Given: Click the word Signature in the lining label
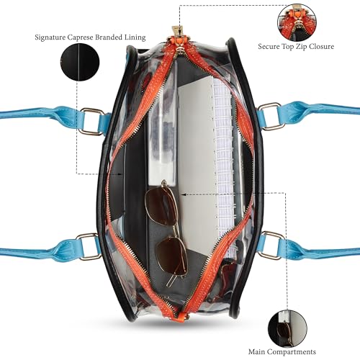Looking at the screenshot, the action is pyautogui.click(x=50, y=37).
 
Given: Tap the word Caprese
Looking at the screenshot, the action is pyautogui.click(x=80, y=37).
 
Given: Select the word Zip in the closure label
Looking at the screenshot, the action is pyautogui.click(x=302, y=47).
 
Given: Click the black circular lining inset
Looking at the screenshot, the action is pyautogui.click(x=80, y=62).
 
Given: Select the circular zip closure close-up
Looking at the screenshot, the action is pyautogui.click(x=297, y=22).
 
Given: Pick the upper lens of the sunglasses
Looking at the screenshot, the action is pyautogui.click(x=161, y=205).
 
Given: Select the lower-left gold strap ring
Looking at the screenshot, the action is pyautogui.click(x=87, y=247).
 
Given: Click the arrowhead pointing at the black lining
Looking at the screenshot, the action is pyautogui.click(x=121, y=174).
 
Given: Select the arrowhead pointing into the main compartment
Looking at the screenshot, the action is pyautogui.click(x=183, y=194).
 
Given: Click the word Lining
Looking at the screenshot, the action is pyautogui.click(x=135, y=37).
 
